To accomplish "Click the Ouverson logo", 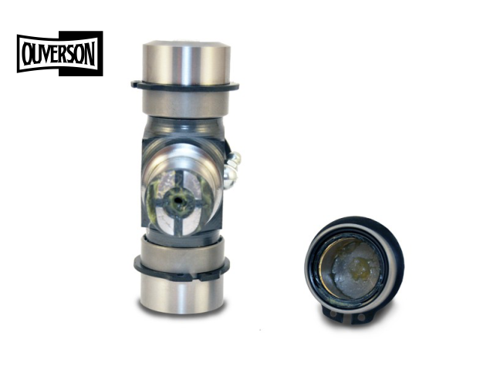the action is [x=60, y=53].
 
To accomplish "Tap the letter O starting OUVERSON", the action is [x=27, y=55].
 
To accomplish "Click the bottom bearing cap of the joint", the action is [x=182, y=275].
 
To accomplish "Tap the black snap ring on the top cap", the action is [x=185, y=86].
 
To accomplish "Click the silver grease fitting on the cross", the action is [x=232, y=170].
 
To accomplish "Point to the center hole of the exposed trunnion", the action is [x=177, y=201].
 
